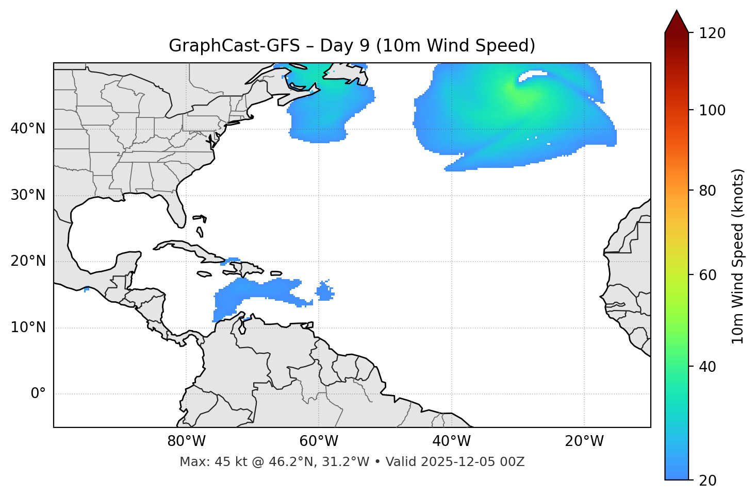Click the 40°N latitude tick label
28,129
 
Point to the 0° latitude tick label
38,394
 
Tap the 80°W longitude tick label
186,441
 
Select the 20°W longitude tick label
584,441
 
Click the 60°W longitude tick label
318,441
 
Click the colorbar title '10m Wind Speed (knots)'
738,256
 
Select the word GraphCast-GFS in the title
234,46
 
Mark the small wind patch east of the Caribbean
324,291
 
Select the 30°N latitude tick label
28,196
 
